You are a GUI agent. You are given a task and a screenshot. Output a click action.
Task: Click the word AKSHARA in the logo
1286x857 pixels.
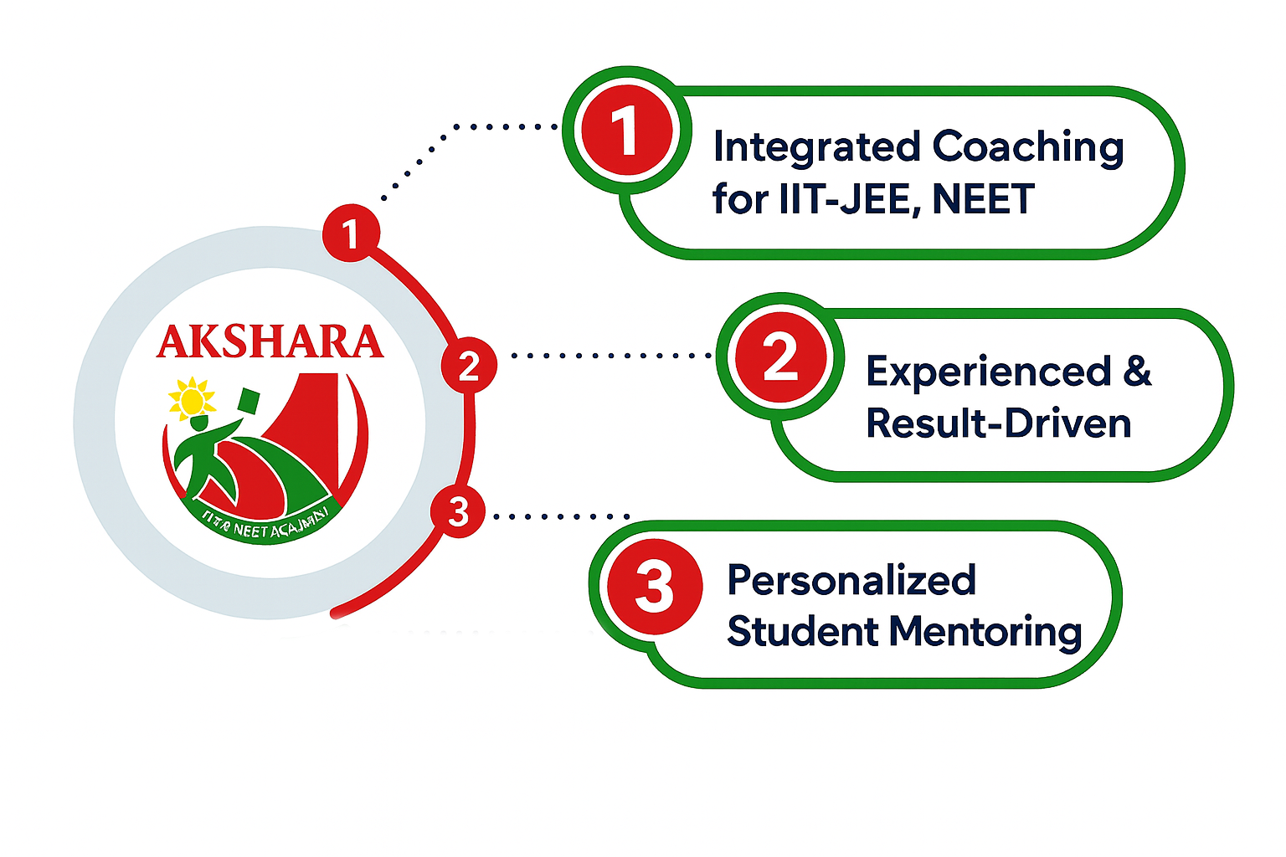pyautogui.click(x=270, y=342)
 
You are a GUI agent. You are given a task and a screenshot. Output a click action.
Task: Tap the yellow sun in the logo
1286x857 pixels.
pyautogui.click(x=192, y=399)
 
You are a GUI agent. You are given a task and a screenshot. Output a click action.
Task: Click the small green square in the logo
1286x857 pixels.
pyautogui.click(x=249, y=401)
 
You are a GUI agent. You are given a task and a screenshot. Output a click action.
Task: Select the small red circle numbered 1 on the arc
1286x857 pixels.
pyautogui.click(x=351, y=233)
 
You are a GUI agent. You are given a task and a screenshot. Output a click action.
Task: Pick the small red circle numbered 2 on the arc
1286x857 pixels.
pyautogui.click(x=469, y=366)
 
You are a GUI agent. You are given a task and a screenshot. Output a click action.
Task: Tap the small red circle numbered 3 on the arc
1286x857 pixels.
pyautogui.click(x=458, y=511)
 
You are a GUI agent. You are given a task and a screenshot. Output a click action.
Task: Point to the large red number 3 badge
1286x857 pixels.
pyautogui.click(x=654, y=585)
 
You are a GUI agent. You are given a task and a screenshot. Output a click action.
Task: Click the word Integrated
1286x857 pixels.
pyautogui.click(x=815, y=148)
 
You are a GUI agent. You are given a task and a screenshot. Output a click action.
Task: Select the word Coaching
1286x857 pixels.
pyautogui.click(x=1027, y=148)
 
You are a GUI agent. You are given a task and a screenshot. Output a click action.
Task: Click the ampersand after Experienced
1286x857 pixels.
pyautogui.click(x=1137, y=371)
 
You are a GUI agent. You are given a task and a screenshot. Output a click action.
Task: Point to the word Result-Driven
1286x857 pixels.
pyautogui.click(x=998, y=423)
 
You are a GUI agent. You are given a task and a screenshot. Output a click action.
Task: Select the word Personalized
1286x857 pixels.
pyautogui.click(x=851, y=581)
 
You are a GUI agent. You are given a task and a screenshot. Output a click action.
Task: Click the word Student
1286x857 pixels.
pyautogui.click(x=803, y=631)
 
